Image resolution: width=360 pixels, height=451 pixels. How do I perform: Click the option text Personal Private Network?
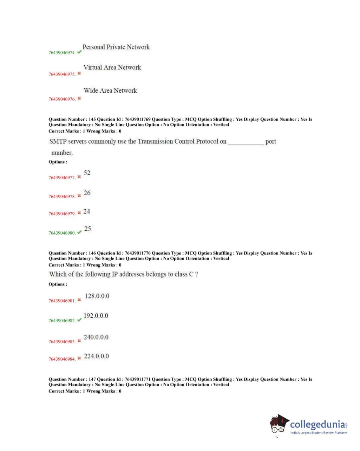pyautogui.click(x=116, y=47)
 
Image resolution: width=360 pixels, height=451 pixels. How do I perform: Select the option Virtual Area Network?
pyautogui.click(x=112, y=67)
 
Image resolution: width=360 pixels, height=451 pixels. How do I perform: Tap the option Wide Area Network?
pyautogui.click(x=110, y=91)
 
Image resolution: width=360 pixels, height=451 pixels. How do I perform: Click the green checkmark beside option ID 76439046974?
pyautogui.click(x=79, y=52)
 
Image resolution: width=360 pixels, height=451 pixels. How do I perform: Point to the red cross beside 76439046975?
pyautogui.click(x=79, y=73)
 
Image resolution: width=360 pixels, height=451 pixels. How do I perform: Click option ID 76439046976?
pyautogui.click(x=62, y=99)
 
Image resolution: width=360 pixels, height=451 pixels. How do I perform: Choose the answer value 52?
pyautogui.click(x=87, y=173)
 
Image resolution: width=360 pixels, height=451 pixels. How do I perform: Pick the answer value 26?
pyautogui.click(x=87, y=193)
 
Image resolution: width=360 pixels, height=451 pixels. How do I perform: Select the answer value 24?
pyautogui.click(x=87, y=211)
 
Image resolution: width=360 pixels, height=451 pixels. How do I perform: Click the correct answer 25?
pyautogui.click(x=88, y=229)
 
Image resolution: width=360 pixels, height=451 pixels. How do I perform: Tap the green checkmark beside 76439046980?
pyautogui.click(x=79, y=232)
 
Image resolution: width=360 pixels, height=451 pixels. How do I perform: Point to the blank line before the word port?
pyautogui.click(x=246, y=143)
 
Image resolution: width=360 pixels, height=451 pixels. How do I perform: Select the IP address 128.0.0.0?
pyautogui.click(x=97, y=296)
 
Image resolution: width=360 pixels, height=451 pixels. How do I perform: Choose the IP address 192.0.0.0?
pyautogui.click(x=96, y=316)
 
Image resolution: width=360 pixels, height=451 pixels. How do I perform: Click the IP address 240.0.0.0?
pyautogui.click(x=96, y=337)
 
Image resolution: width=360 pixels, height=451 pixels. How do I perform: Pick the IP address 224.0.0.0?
pyautogui.click(x=96, y=356)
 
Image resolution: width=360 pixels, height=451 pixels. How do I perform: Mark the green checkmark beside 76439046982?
pyautogui.click(x=79, y=320)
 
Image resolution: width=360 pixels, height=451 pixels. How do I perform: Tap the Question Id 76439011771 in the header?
pyautogui.click(x=137, y=379)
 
